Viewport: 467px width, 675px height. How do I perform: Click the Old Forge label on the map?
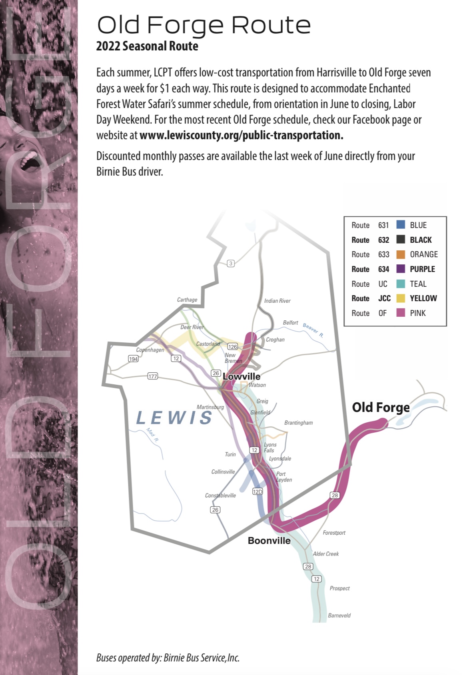tap(381, 407)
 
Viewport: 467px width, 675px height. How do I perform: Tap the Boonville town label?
tap(269, 541)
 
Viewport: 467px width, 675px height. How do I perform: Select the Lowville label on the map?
tap(241, 376)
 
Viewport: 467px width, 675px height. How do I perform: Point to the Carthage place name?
tap(187, 300)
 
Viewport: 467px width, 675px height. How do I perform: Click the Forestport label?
tap(334, 533)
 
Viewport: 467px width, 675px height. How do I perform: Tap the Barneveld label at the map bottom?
tap(339, 615)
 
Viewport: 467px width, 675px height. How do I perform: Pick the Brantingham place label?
tap(298, 423)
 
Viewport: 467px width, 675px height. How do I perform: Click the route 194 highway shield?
tap(133, 359)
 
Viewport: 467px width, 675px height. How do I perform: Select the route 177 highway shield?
tap(152, 376)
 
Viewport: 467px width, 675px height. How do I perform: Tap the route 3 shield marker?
tap(231, 264)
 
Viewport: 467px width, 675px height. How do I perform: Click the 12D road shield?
tap(257, 491)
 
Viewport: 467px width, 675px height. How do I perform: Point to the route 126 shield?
tap(232, 347)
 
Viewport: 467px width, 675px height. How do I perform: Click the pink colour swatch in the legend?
tap(401, 313)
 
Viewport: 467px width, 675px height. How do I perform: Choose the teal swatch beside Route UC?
tap(401, 284)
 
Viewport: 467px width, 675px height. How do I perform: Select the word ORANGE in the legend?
tap(423, 254)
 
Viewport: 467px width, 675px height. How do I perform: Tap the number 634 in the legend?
tap(383, 269)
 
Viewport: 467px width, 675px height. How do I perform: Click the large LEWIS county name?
tap(174, 418)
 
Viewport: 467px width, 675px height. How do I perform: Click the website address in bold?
tap(241, 135)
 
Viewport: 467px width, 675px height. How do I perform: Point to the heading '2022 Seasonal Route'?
tap(147, 46)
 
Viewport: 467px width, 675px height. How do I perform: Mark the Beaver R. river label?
tap(313, 330)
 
